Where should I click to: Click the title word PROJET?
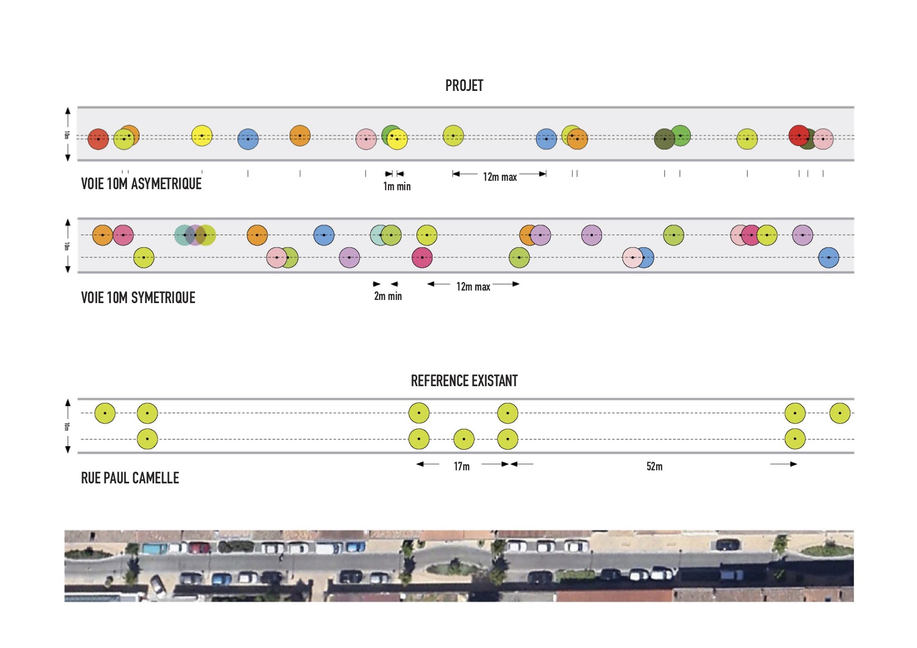464,86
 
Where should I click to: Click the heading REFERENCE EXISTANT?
464,381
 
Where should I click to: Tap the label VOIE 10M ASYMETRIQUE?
141,184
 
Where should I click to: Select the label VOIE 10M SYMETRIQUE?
138,298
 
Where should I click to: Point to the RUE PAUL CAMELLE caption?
130,478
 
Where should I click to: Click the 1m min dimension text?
397,187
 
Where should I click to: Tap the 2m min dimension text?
388,296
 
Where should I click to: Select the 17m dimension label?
462,466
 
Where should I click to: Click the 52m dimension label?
655,466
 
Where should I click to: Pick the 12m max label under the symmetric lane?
473,286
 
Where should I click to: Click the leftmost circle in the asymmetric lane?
98,139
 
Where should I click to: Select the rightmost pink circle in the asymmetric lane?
823,139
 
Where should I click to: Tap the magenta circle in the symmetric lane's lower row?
422,258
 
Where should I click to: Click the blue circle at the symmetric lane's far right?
829,258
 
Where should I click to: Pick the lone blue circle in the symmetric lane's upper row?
324,235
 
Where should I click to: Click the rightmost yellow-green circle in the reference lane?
840,413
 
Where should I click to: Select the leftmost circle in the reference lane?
105,413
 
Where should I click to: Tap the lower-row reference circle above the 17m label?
464,439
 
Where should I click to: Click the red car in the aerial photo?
199,548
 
